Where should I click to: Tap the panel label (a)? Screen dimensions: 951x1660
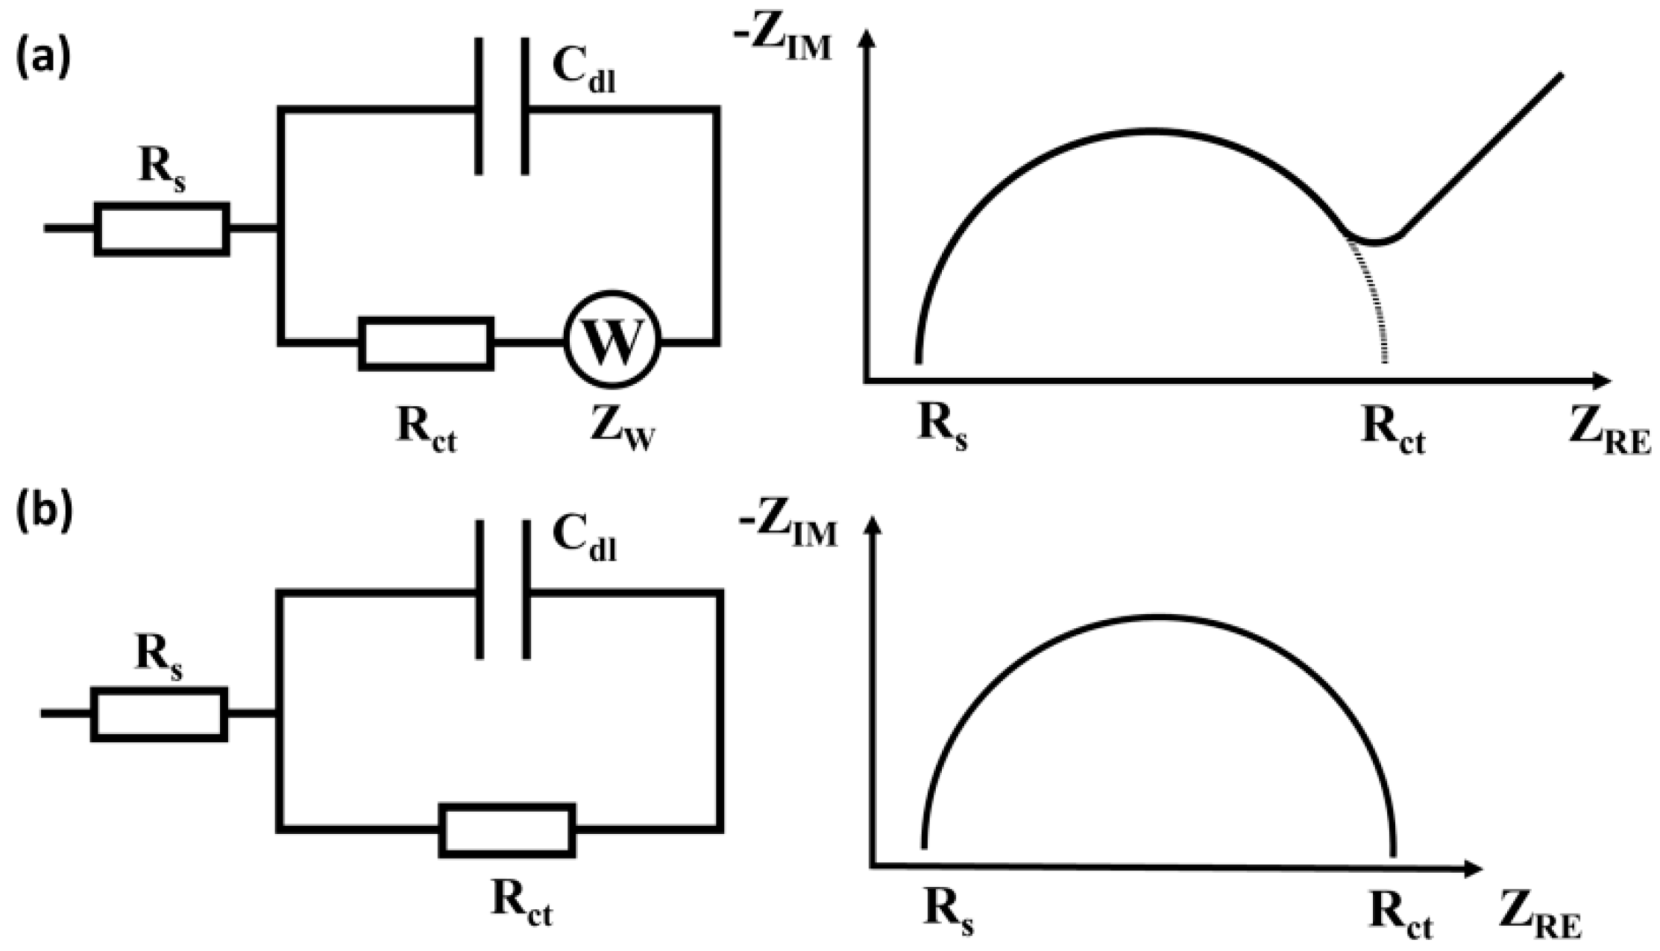tap(44, 55)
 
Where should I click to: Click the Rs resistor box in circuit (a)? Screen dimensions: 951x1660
tap(162, 229)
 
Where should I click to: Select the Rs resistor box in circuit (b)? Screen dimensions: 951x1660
tap(159, 715)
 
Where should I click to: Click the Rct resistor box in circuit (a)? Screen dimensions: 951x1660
tap(426, 344)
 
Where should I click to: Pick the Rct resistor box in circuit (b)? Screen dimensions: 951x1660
tap(508, 830)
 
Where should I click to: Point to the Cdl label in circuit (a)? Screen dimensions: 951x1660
tap(584, 72)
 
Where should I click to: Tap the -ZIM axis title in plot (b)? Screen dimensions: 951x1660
tap(787, 531)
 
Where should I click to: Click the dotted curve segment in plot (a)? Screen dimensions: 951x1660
tap(1377, 306)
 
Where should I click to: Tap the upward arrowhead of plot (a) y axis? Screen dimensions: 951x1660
tap(866, 37)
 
